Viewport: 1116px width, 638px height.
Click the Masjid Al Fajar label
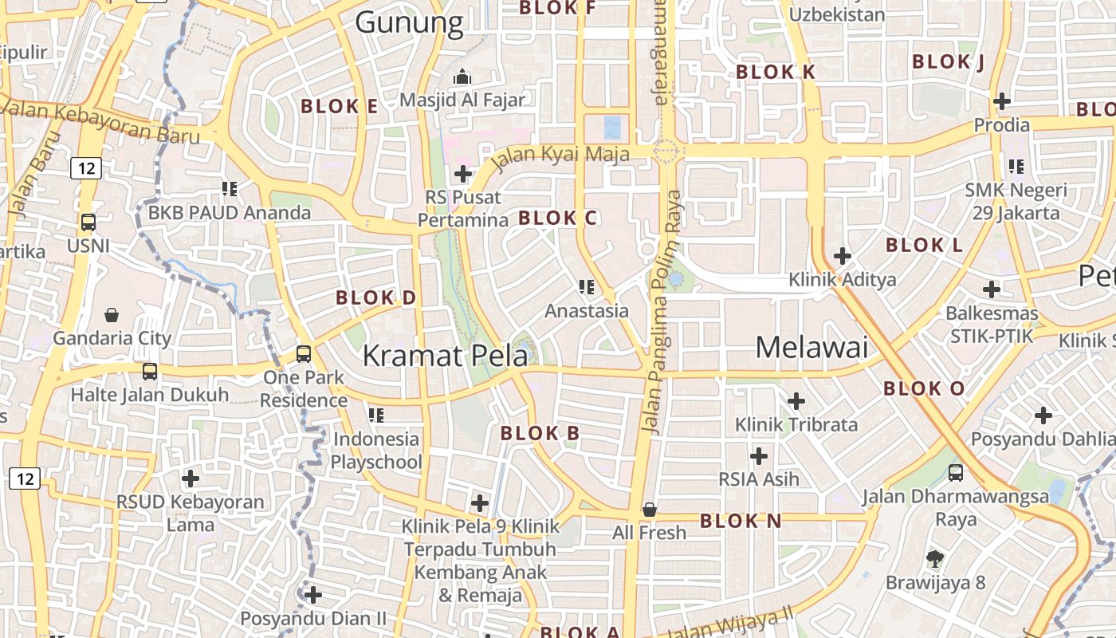click(462, 100)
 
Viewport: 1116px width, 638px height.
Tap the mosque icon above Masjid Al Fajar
click(462, 77)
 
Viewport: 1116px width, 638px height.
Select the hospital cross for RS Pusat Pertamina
click(463, 173)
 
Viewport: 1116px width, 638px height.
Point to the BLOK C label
click(558, 218)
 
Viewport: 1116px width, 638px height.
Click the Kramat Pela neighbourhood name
click(445, 356)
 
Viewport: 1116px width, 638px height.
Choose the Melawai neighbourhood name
click(811, 347)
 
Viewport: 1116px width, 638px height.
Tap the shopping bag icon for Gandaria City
click(112, 315)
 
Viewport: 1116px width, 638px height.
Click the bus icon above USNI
click(88, 223)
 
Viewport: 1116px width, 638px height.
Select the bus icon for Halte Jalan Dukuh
click(150, 371)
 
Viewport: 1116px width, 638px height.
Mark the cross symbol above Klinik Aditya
click(843, 256)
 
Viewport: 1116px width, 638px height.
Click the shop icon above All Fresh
click(650, 509)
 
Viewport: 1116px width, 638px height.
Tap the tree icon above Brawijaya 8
click(935, 558)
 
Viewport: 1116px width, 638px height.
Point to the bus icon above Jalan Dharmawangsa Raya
click(956, 473)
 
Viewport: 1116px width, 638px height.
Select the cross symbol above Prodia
click(1002, 101)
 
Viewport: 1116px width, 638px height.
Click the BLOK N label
click(741, 521)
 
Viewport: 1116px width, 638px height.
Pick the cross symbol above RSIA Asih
click(759, 456)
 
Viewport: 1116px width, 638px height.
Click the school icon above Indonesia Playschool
click(376, 415)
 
